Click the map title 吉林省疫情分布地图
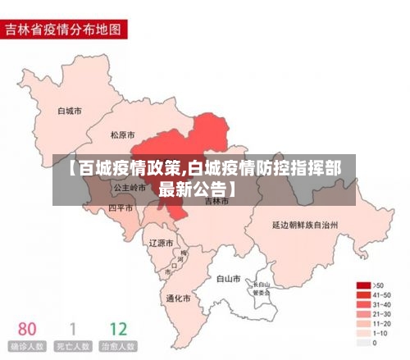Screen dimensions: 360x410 63,30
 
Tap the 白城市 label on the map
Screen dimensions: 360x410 69,110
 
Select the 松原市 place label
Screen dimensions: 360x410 124,134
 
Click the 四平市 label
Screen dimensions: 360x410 121,208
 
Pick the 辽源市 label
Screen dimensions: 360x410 161,244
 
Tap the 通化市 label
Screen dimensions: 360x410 178,298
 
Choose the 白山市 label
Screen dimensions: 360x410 227,279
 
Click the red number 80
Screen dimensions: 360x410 26,330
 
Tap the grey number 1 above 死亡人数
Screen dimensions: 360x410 72,330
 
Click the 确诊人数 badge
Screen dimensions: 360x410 26,347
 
